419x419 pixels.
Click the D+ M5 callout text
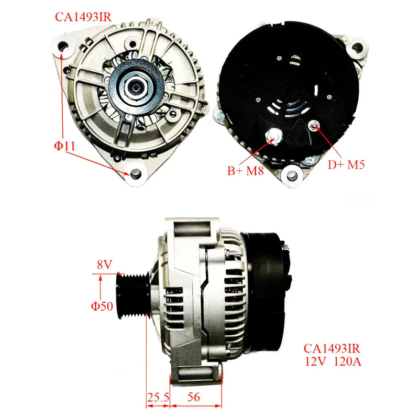tap(346, 164)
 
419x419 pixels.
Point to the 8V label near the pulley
tap(104, 266)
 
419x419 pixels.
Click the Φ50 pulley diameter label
tap(103, 306)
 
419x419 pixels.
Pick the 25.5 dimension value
tap(158, 398)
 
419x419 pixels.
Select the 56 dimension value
tap(194, 398)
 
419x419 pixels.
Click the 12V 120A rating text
tap(332, 361)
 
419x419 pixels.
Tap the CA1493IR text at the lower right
tap(332, 348)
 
